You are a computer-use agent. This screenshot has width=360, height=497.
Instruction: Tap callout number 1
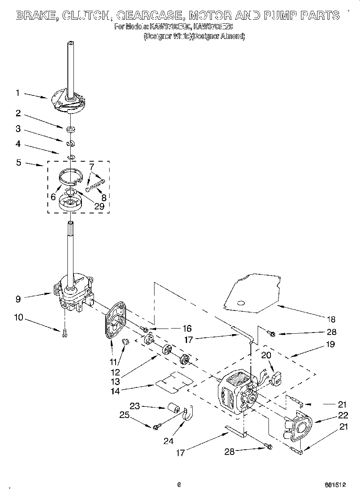17,93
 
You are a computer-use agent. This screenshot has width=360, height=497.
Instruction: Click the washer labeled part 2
71,129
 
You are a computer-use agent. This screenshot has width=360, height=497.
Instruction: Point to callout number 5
18,163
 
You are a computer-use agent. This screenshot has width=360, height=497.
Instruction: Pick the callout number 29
99,206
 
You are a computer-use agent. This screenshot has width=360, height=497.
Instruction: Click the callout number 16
187,328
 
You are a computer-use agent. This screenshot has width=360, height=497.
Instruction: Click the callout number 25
125,415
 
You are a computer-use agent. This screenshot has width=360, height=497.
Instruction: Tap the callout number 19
330,344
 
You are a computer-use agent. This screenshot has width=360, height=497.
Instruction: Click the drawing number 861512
335,485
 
